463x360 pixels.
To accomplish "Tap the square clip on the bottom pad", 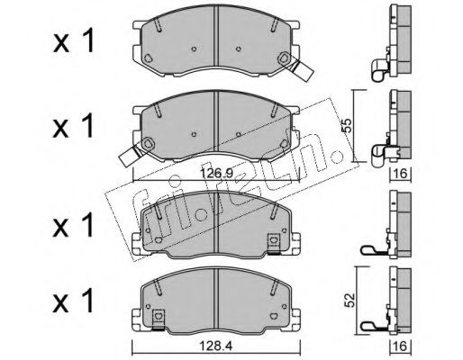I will (159, 316).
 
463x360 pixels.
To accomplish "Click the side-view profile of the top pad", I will (393, 40).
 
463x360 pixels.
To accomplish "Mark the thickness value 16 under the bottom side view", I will (397, 346).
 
